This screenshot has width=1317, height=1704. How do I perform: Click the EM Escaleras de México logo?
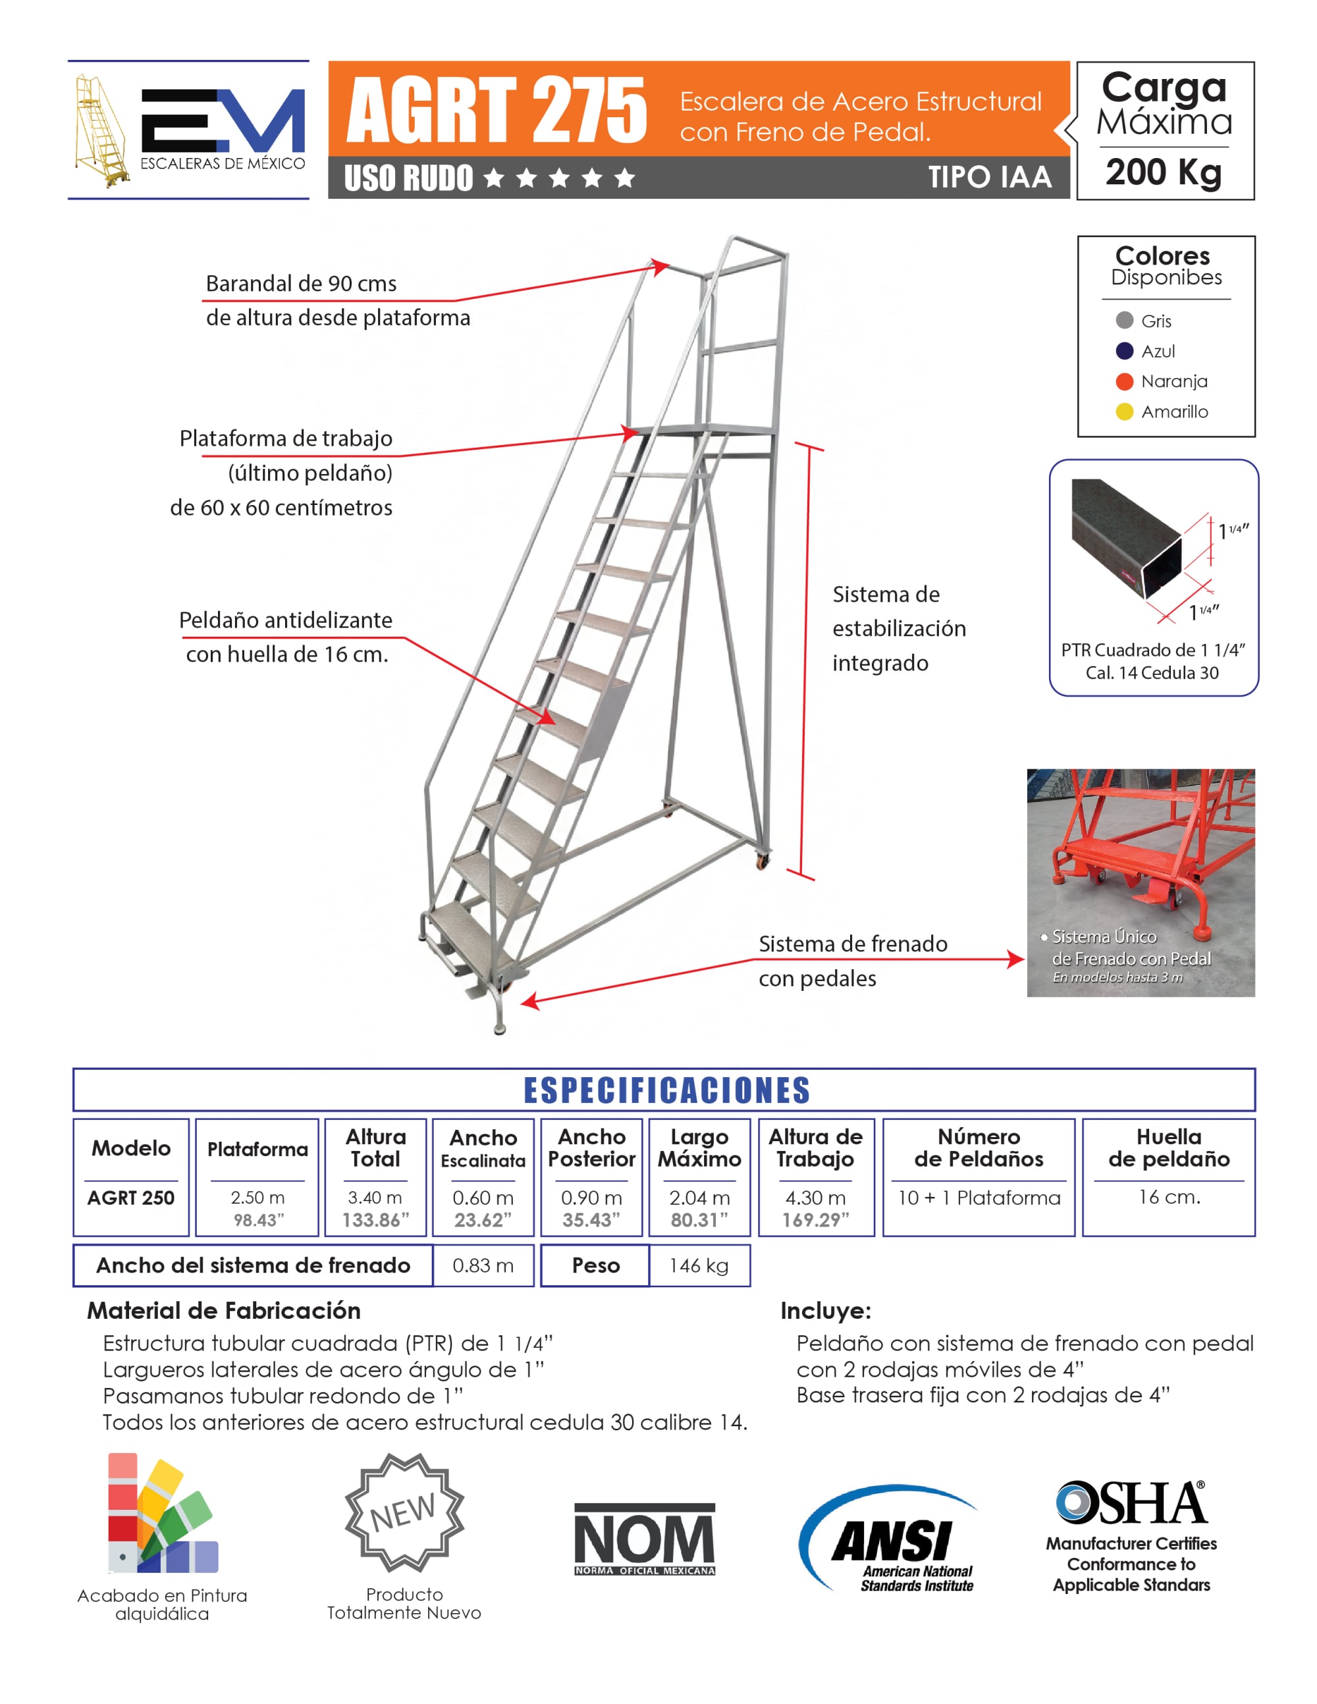tap(189, 130)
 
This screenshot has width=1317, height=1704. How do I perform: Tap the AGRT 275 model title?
tap(497, 110)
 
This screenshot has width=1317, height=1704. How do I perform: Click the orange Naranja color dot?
tap(1124, 381)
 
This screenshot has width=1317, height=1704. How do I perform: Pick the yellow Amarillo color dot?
tap(1124, 412)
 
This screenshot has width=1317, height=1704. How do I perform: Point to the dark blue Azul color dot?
tap(1124, 351)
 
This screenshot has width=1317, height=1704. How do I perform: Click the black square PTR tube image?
tap(1127, 539)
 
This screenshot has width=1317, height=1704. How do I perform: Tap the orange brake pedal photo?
tap(1141, 882)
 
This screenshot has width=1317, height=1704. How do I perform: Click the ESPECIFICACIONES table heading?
tap(666, 1090)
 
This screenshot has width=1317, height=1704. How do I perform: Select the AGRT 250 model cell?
tap(131, 1198)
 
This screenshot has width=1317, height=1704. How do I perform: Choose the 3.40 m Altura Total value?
tap(375, 1198)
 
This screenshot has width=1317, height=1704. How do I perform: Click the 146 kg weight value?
tap(699, 1265)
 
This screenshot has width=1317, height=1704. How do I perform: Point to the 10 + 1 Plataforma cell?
tap(979, 1198)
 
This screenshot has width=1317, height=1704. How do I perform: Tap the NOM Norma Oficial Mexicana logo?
tap(645, 1539)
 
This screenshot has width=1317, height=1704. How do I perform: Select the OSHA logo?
tap(1132, 1503)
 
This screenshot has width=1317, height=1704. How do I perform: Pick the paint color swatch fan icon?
tap(161, 1514)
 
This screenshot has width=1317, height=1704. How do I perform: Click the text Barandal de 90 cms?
tap(301, 283)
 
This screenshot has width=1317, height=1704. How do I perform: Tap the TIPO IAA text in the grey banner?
tap(989, 178)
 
